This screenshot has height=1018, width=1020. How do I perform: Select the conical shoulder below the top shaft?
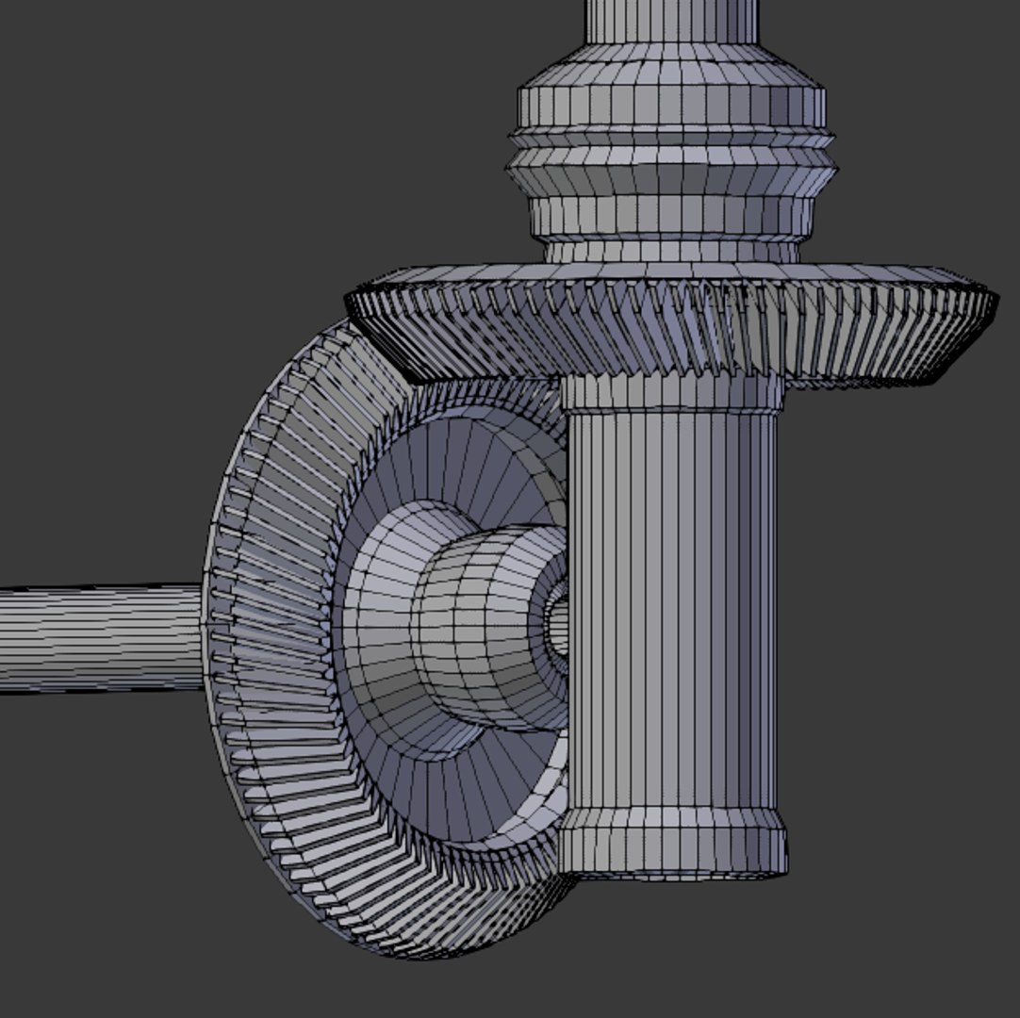click(x=671, y=72)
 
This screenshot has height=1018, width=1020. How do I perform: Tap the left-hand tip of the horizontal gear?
click(x=351, y=300)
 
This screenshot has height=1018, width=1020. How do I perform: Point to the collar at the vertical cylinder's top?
click(x=671, y=392)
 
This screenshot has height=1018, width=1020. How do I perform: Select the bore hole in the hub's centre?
click(x=557, y=622)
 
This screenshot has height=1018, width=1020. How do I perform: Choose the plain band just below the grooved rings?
click(x=671, y=216)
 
